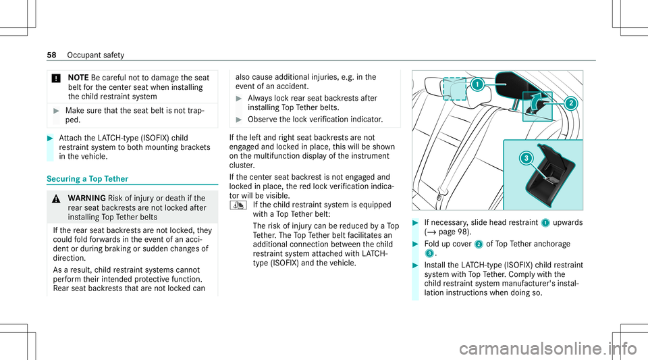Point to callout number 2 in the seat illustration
coord(570,103)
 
